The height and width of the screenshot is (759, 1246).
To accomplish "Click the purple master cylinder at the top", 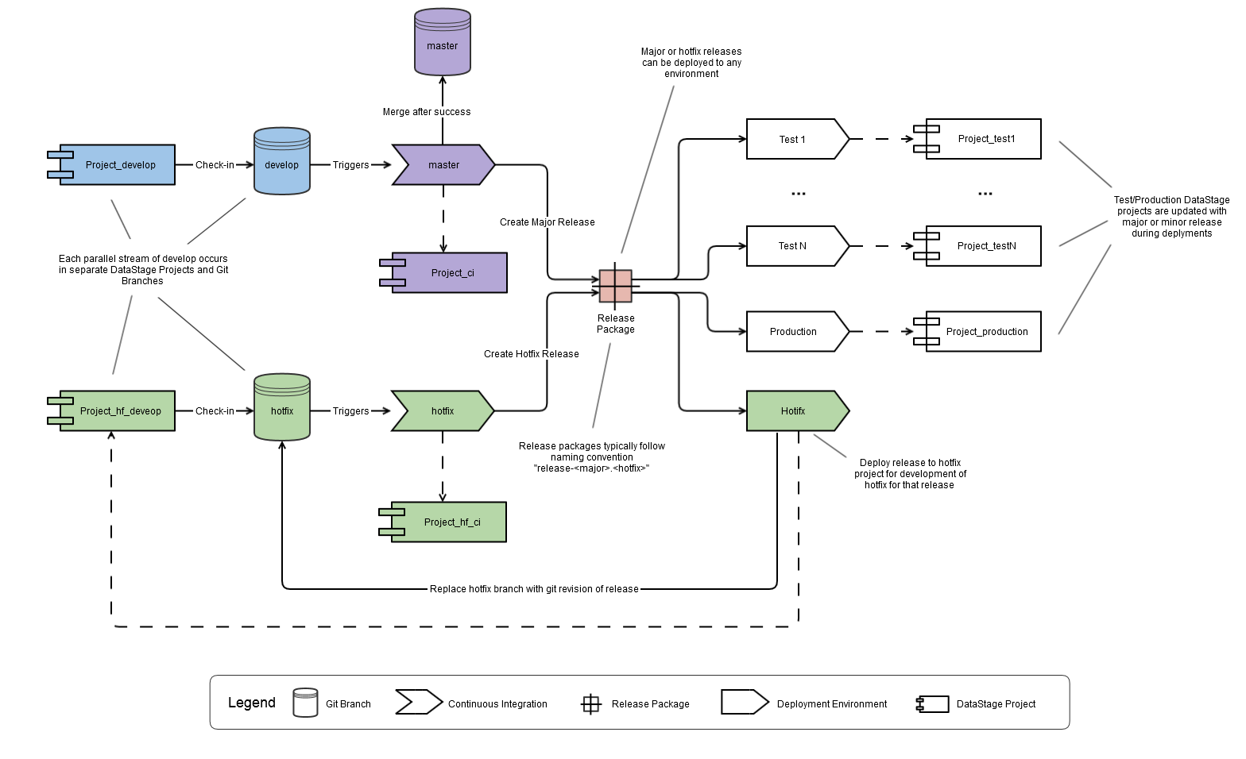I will click(443, 43).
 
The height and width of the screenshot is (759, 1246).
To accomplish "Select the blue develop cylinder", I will click(282, 162).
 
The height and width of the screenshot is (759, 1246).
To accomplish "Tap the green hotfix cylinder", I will click(282, 408).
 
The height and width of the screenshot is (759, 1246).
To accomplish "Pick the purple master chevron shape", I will click(443, 165).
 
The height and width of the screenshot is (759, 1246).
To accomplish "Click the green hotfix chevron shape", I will click(443, 411).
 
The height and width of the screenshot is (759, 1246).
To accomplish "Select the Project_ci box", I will click(448, 273).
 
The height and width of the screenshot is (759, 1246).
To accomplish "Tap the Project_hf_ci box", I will click(448, 522).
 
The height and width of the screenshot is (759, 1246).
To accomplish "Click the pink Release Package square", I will click(616, 287).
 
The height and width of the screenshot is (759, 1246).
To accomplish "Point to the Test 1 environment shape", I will click(795, 140).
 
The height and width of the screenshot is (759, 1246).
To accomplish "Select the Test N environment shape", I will click(795, 246).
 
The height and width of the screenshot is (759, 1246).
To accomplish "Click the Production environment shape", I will click(795, 332).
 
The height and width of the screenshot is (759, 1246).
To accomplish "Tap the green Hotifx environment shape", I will click(795, 411).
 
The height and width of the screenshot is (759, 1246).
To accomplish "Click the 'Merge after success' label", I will click(427, 112).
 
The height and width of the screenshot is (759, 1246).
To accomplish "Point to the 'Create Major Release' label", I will click(548, 222).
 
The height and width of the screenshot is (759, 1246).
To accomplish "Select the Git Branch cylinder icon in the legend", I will click(305, 703).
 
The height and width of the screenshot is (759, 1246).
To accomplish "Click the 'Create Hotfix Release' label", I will click(532, 354).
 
